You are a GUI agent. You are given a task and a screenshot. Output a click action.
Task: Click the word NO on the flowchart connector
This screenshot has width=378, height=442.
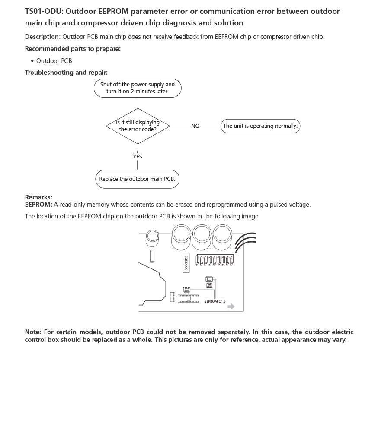click(x=195, y=126)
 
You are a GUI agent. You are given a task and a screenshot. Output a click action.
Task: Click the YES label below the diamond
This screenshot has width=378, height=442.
click(x=138, y=157)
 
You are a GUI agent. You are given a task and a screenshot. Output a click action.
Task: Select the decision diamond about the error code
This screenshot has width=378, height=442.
click(x=138, y=126)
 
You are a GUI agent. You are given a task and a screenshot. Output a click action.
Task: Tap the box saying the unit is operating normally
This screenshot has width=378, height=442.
click(x=260, y=126)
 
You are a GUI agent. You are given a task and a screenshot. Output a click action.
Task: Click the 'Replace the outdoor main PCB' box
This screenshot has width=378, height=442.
click(x=138, y=179)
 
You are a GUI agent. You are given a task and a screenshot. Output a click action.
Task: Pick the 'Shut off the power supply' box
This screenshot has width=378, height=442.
click(x=138, y=88)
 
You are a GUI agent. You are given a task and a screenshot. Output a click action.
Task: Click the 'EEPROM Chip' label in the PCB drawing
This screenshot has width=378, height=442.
click(x=215, y=302)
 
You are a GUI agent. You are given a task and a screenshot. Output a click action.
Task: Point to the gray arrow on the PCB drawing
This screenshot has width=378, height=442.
click(x=231, y=306)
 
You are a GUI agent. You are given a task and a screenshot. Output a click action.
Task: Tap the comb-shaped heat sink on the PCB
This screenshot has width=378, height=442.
click(x=215, y=260)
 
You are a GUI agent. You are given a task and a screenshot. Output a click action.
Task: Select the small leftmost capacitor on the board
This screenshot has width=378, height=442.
click(x=152, y=236)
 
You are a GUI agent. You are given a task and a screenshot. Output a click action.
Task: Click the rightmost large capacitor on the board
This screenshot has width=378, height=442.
click(x=222, y=235)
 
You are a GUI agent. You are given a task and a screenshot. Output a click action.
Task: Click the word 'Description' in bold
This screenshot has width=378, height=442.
click(x=42, y=37)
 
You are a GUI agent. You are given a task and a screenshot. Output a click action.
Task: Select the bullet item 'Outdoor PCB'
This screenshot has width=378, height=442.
click(x=54, y=61)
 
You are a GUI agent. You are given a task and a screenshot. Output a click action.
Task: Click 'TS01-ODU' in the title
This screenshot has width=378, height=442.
click(x=44, y=11)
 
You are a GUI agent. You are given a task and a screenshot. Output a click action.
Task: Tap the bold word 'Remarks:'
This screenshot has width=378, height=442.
click(x=38, y=197)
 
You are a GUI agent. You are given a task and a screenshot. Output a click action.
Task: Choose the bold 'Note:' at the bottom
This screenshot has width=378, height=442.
click(x=33, y=332)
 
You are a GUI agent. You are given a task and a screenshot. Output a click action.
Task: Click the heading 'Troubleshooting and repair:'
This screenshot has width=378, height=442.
click(x=66, y=73)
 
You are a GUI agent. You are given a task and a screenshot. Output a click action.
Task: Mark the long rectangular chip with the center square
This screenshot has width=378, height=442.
click(x=188, y=298)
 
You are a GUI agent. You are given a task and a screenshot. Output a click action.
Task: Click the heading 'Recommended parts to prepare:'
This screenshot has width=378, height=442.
click(x=73, y=49)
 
